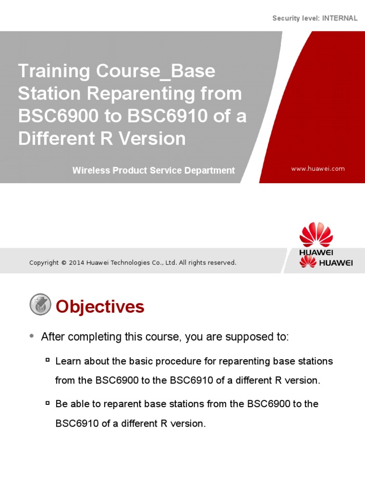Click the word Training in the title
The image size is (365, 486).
pos(54,72)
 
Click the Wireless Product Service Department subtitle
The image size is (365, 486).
pos(154,170)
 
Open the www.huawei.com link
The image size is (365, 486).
pos(318,168)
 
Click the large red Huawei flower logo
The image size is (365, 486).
pos(316,234)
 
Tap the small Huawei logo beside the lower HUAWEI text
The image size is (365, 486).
pos(308,262)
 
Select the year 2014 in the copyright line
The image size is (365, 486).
pos(77,263)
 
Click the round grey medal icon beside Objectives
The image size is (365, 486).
pos(40,305)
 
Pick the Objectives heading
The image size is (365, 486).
pos(100,307)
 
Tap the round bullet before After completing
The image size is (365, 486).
pos(31,336)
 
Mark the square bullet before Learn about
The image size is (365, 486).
pos(48,360)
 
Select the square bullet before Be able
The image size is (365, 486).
pos(48,403)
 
